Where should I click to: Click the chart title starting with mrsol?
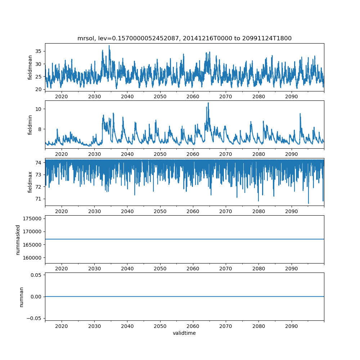coord(184,38)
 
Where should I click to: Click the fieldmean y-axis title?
coord(30,67)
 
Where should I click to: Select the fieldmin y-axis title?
coord(30,125)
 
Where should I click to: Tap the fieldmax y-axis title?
coord(30,182)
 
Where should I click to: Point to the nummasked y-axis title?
coord(18,239)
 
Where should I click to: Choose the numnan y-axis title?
coord(21,297)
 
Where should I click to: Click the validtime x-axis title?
coord(184,333)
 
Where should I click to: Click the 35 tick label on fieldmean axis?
coord(38,51)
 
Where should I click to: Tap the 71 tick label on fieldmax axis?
coord(38,199)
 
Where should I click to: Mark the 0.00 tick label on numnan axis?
coord(35,297)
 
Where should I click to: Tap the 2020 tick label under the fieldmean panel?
coord(62,96)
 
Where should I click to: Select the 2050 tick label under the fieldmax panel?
coord(160,211)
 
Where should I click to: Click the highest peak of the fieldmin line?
coord(208,103)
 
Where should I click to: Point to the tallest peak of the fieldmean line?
coord(109,46)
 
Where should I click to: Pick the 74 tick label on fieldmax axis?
coord(38,163)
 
